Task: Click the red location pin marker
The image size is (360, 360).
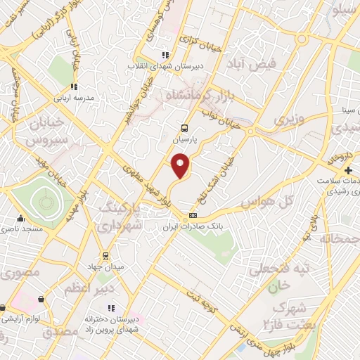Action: (181, 166)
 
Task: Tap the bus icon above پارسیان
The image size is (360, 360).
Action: (184, 129)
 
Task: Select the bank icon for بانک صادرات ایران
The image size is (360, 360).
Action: (193, 215)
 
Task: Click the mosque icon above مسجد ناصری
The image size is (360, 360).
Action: (20, 218)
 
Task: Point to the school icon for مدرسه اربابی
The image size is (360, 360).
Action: (73, 86)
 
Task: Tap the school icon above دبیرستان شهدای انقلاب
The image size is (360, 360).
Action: (165, 54)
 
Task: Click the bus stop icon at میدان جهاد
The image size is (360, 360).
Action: (105, 255)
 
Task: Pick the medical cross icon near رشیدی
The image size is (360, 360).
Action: (349, 171)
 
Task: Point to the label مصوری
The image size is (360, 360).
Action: (20, 271)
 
